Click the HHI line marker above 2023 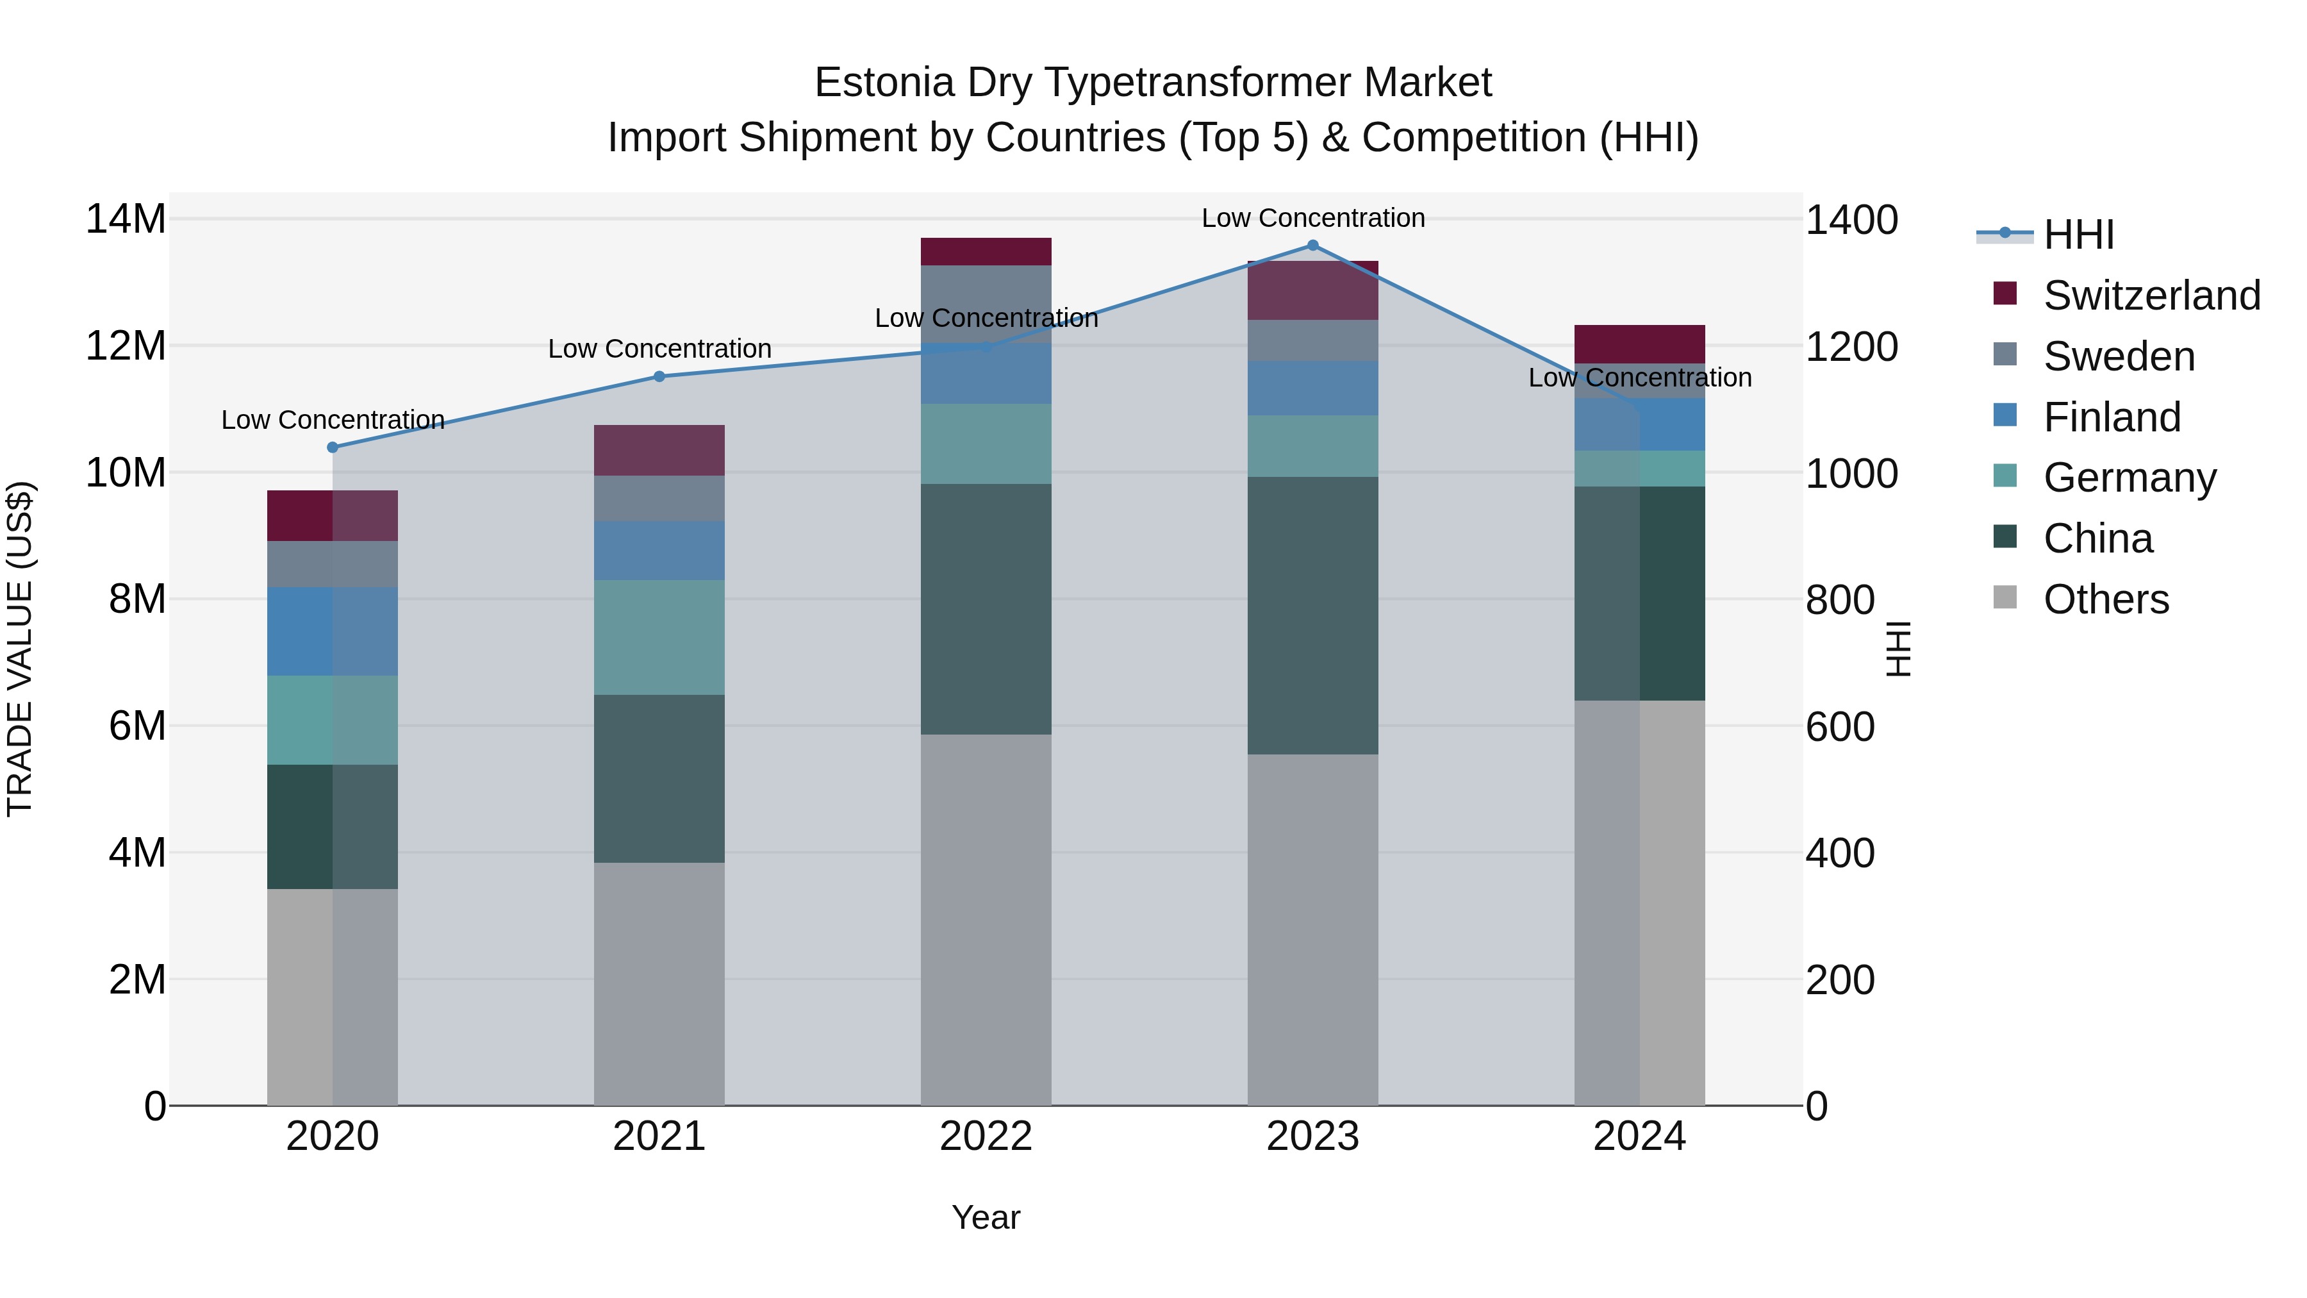(x=1313, y=245)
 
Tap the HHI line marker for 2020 (x=332, y=447)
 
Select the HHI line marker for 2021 (x=659, y=376)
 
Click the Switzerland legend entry (x=2151, y=295)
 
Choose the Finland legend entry (x=2112, y=417)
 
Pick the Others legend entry (x=2106, y=599)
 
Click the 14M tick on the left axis (x=126, y=219)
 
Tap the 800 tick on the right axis (x=1839, y=599)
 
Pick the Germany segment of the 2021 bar (x=659, y=637)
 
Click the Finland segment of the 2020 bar (x=332, y=631)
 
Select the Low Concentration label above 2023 (x=1313, y=218)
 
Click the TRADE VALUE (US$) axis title (x=20, y=649)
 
